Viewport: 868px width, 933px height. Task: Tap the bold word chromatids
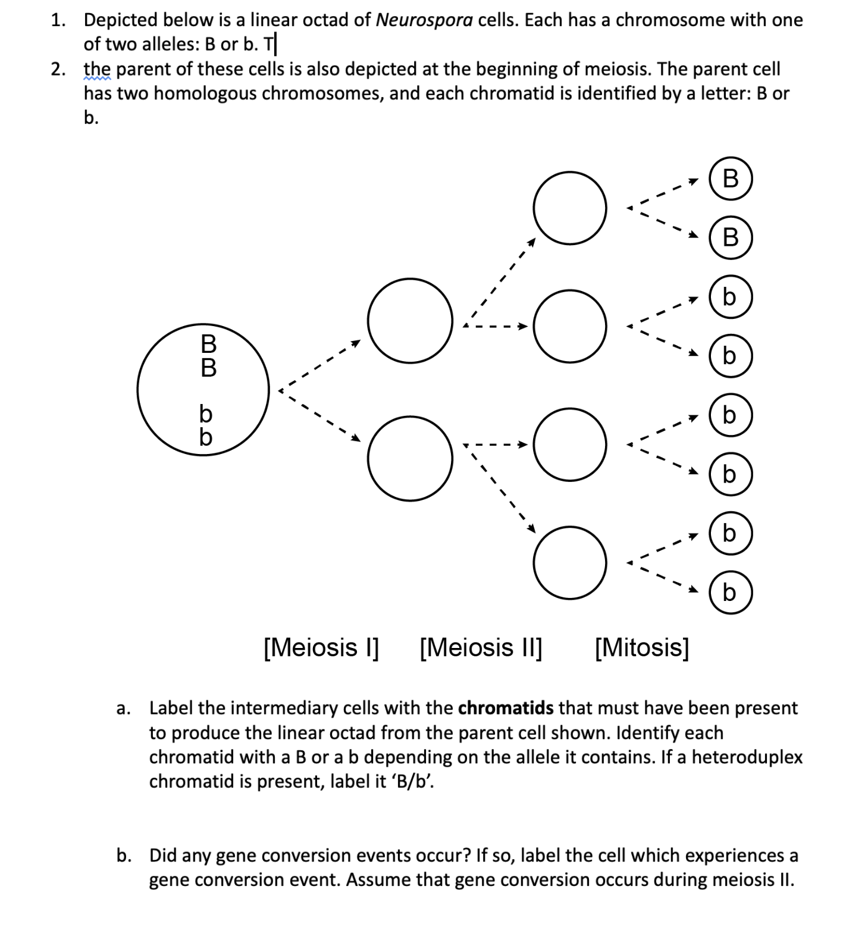click(x=506, y=708)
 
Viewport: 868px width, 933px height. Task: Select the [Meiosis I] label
click(x=321, y=647)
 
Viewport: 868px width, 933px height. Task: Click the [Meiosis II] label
click(x=481, y=647)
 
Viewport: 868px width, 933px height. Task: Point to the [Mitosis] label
click(x=642, y=647)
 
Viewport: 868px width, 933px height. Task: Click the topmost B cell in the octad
click(x=731, y=179)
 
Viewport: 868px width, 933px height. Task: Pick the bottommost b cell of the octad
click(x=731, y=593)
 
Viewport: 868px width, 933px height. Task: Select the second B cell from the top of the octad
click(x=731, y=237)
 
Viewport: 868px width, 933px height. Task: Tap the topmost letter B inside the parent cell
click(x=208, y=343)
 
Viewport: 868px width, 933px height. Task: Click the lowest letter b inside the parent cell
click(x=205, y=437)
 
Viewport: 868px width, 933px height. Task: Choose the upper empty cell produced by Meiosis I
click(x=410, y=321)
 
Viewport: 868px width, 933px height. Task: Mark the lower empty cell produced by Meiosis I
click(x=410, y=458)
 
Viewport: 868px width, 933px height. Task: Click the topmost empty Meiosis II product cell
click(x=570, y=208)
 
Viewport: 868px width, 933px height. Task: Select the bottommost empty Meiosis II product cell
click(x=570, y=562)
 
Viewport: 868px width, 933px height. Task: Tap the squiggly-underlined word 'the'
click(x=97, y=70)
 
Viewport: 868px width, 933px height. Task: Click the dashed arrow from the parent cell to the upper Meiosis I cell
click(x=319, y=365)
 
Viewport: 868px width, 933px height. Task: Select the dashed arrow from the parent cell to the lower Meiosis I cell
click(x=319, y=415)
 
